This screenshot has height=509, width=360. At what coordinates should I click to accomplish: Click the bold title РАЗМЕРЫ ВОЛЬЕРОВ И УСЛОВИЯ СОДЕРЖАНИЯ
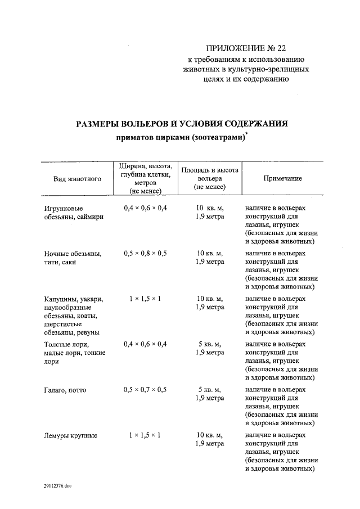point(182,124)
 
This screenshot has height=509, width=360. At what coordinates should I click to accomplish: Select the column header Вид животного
point(77,179)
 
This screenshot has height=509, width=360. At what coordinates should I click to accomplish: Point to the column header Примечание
point(283,178)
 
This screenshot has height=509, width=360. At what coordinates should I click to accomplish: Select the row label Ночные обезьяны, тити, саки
point(73,258)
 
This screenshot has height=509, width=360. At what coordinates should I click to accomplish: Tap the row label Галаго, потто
point(65,389)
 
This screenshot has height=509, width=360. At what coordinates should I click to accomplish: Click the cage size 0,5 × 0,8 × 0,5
point(145,253)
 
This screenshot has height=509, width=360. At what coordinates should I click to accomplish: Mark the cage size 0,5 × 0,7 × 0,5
point(145,389)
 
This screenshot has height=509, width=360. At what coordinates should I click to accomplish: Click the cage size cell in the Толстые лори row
point(145,344)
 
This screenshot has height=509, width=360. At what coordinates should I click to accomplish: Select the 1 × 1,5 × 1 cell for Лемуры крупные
point(145,435)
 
